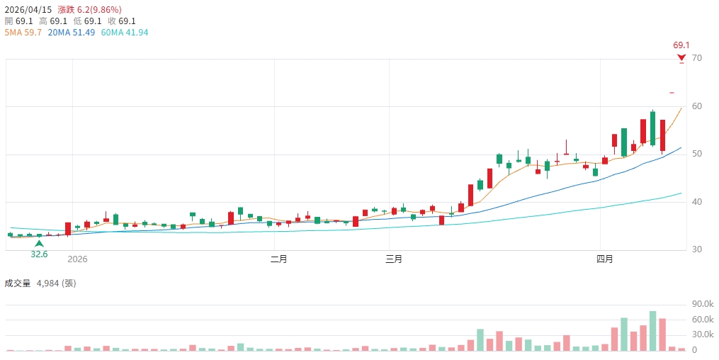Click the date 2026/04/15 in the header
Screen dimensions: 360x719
click(28, 10)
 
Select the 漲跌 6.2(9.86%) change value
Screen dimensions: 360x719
click(89, 10)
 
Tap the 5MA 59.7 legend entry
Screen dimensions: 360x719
click(23, 33)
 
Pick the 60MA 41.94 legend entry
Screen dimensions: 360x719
click(125, 33)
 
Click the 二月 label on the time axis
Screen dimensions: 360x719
click(279, 259)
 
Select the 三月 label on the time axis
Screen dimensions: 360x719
click(394, 259)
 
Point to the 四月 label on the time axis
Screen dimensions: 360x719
click(604, 259)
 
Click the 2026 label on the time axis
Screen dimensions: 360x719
click(77, 259)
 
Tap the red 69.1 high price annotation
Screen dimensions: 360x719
click(681, 45)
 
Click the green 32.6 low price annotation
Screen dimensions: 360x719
click(39, 254)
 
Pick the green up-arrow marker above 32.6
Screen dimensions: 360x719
click(39, 244)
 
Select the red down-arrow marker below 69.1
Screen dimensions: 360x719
click(681, 57)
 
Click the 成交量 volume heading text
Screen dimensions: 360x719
click(18, 283)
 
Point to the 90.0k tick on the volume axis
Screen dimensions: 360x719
click(702, 304)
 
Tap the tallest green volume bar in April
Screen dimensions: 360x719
click(652, 331)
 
